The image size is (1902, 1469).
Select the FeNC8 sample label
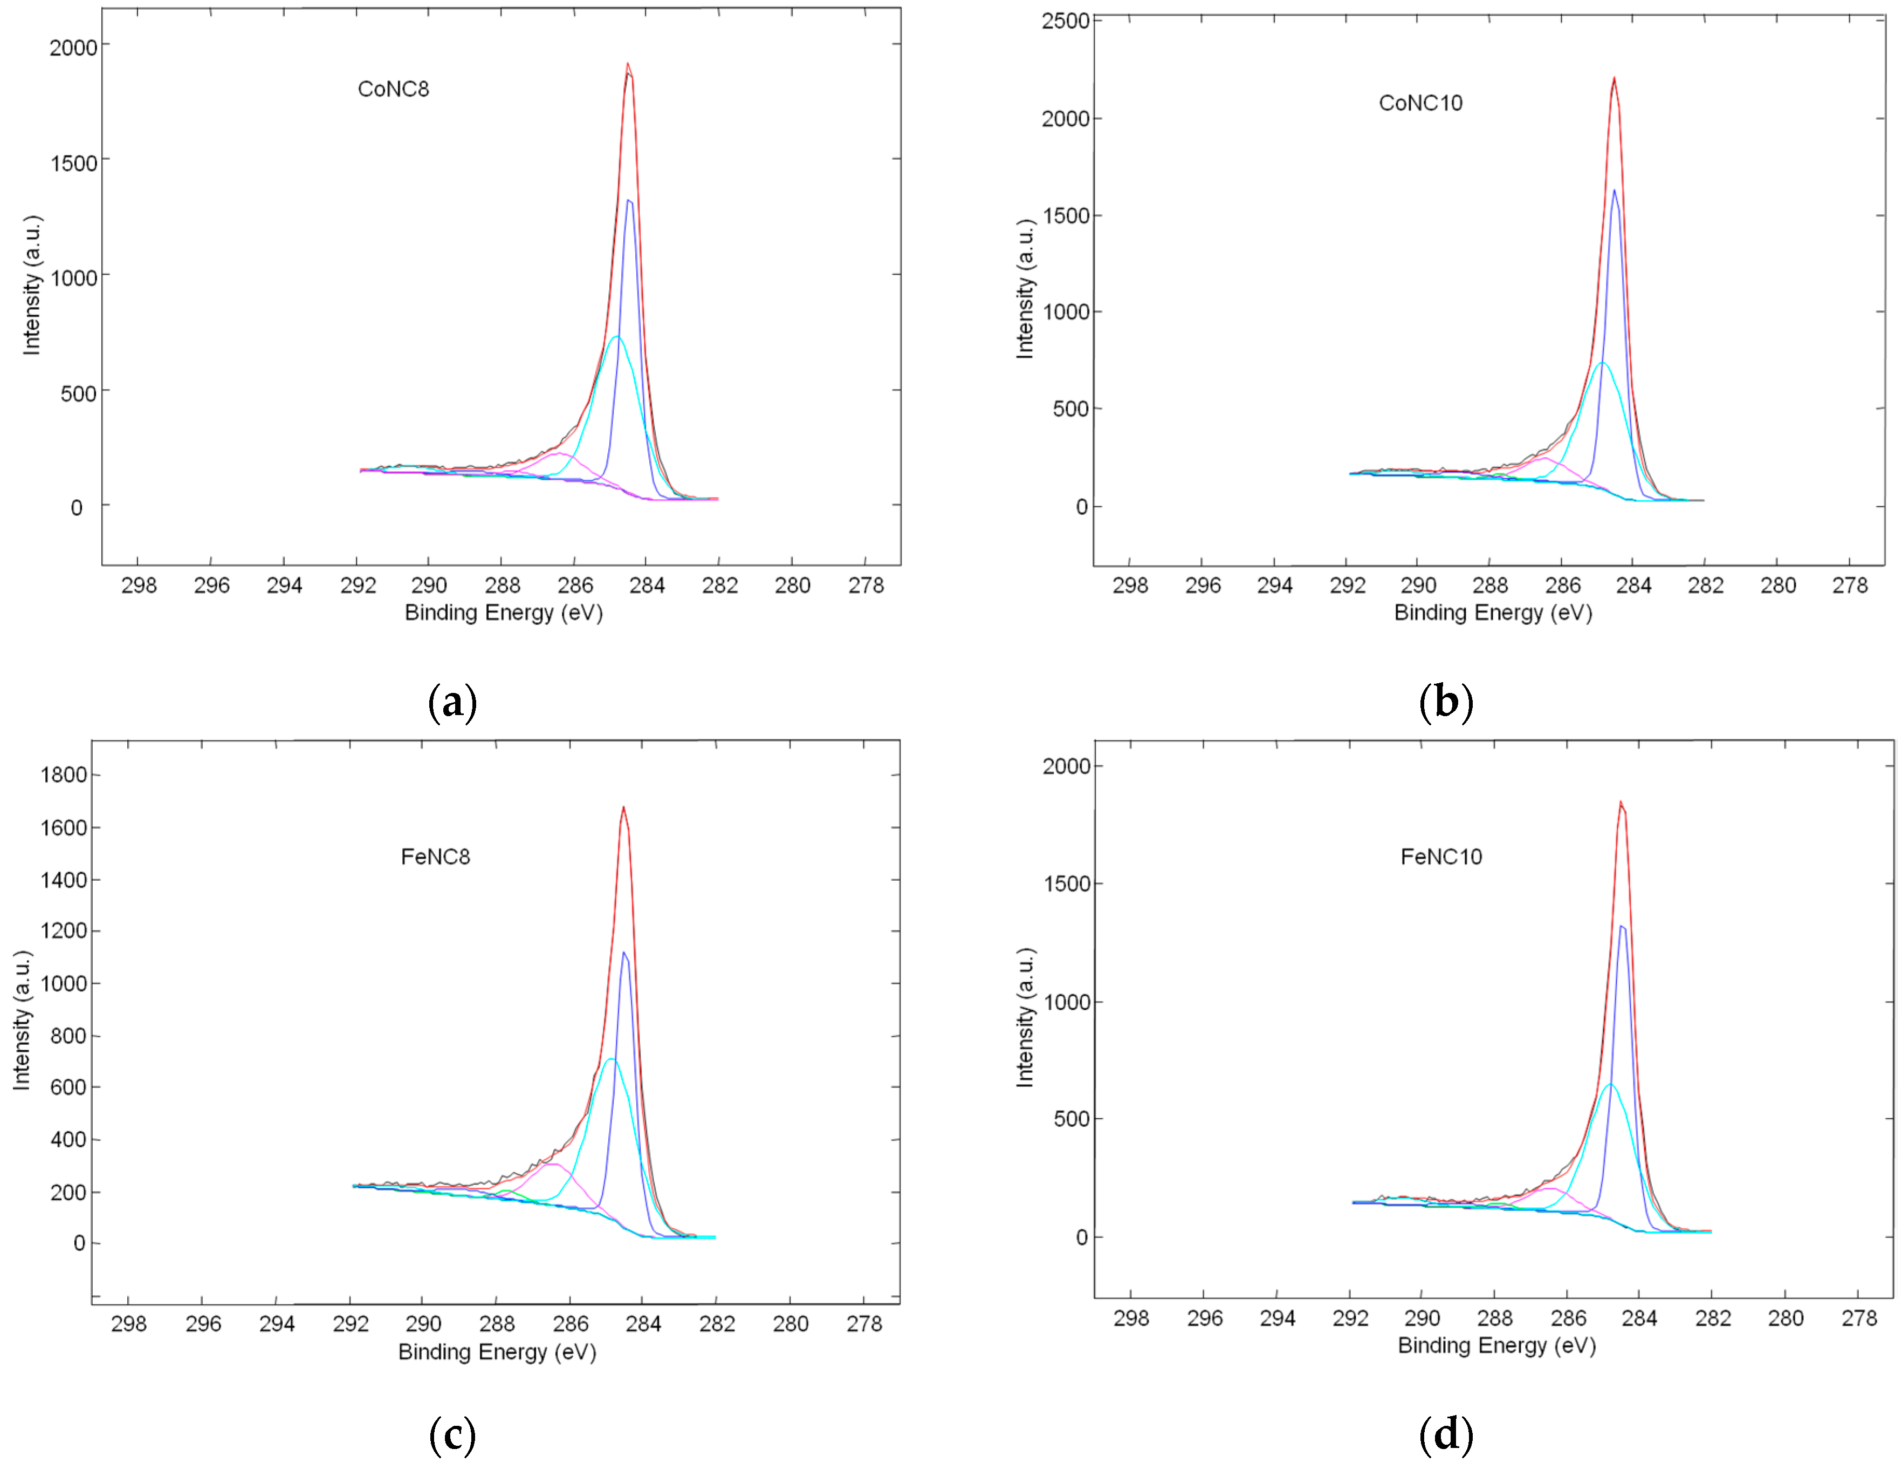point(435,856)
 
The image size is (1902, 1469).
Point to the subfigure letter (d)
point(1446,1434)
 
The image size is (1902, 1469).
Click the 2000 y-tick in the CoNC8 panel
point(73,48)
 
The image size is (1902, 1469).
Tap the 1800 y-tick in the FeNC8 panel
point(64,774)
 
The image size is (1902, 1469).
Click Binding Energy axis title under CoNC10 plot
point(1493,613)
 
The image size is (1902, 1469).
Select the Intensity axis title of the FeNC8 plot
point(22,1019)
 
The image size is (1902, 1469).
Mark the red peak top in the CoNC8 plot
point(627,64)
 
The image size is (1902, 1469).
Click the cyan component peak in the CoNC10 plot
point(1602,363)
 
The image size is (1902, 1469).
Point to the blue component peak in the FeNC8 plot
point(623,953)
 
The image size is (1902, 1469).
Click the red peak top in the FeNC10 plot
point(1620,802)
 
